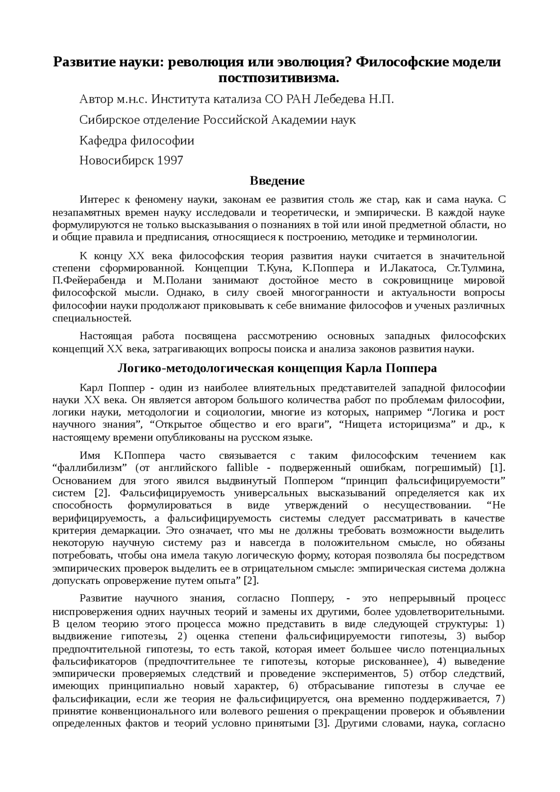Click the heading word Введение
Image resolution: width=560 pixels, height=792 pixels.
point(277,181)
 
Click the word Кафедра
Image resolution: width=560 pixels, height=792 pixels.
point(103,140)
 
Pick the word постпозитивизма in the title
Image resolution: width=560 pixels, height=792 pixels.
point(278,78)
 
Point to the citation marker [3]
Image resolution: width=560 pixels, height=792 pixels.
point(322,723)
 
